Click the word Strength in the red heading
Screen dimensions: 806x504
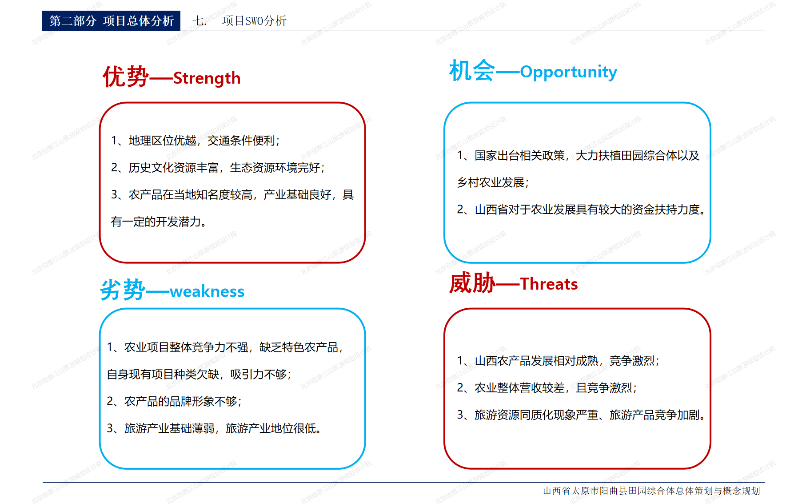[x=207, y=78]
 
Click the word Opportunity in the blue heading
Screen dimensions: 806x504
[x=568, y=72]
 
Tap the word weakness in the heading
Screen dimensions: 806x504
[x=207, y=292]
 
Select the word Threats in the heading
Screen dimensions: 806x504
[x=549, y=284]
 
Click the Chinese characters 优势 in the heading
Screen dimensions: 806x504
[x=125, y=77]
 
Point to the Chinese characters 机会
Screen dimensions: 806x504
[x=471, y=71]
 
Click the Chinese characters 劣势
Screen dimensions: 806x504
[x=123, y=290]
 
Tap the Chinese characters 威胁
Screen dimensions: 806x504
[x=472, y=283]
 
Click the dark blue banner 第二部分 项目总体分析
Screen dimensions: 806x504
[x=111, y=21]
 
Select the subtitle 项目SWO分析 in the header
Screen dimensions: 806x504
[x=254, y=21]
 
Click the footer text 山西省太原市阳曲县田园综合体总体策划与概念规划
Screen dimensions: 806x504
[x=651, y=491]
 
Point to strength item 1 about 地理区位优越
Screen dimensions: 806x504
[x=196, y=141]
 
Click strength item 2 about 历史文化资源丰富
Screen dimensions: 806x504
[x=218, y=168]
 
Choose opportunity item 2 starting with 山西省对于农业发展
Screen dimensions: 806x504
[x=581, y=210]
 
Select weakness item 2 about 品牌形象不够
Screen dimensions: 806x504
[x=174, y=402]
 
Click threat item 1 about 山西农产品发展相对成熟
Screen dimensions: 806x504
[x=558, y=361]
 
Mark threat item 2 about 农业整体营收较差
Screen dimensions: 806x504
[x=547, y=388]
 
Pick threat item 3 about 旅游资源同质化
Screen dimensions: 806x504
[x=581, y=415]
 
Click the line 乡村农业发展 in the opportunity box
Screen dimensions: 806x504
[x=493, y=182]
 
